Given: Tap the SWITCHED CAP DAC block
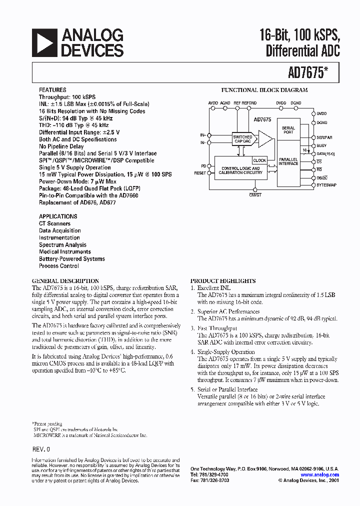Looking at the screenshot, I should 243,139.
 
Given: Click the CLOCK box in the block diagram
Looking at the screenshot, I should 259,160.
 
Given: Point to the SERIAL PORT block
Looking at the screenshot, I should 288,130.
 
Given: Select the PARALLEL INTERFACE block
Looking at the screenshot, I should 288,160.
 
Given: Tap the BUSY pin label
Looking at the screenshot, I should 321,145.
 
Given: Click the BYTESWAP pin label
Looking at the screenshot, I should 326,185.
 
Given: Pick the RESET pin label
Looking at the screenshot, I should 200,173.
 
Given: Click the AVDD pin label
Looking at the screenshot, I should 213,102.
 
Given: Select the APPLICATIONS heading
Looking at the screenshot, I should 58,216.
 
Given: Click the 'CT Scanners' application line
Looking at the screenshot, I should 55,223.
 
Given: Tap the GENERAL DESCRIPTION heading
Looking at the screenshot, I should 65,281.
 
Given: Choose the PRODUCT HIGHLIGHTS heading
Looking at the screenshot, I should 223,281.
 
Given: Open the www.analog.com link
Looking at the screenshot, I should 319,475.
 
